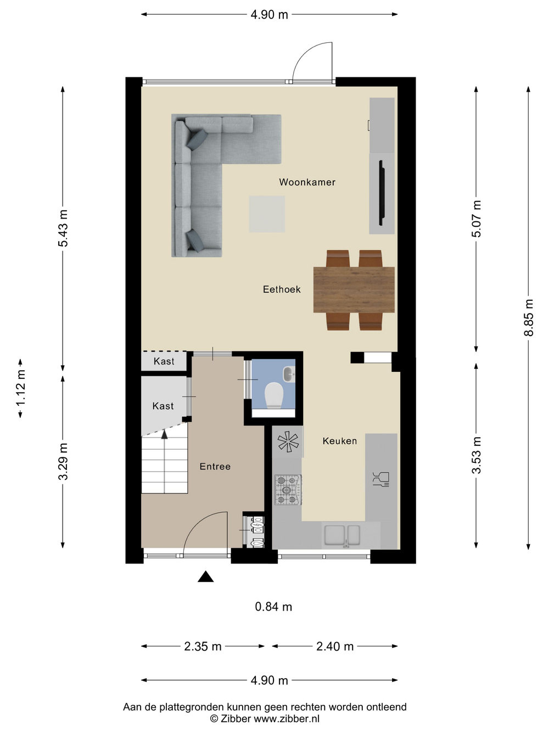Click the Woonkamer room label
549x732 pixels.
(307, 182)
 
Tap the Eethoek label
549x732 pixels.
(282, 289)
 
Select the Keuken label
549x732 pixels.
(340, 441)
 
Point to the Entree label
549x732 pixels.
(215, 466)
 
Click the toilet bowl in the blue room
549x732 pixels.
(273, 395)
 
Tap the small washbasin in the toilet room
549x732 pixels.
(289, 374)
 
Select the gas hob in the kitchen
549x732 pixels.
(288, 490)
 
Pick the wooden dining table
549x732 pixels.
(354, 290)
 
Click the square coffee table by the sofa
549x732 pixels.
(267, 214)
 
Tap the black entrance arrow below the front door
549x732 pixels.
(206, 576)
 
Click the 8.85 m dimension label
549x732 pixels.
(528, 317)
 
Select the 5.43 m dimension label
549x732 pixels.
(63, 228)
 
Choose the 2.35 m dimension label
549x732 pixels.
(203, 646)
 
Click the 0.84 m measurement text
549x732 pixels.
(273, 607)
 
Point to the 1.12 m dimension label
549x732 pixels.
(21, 388)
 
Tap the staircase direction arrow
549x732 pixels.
(164, 434)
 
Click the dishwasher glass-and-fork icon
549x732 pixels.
(381, 479)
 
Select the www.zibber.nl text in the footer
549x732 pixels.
(287, 718)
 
